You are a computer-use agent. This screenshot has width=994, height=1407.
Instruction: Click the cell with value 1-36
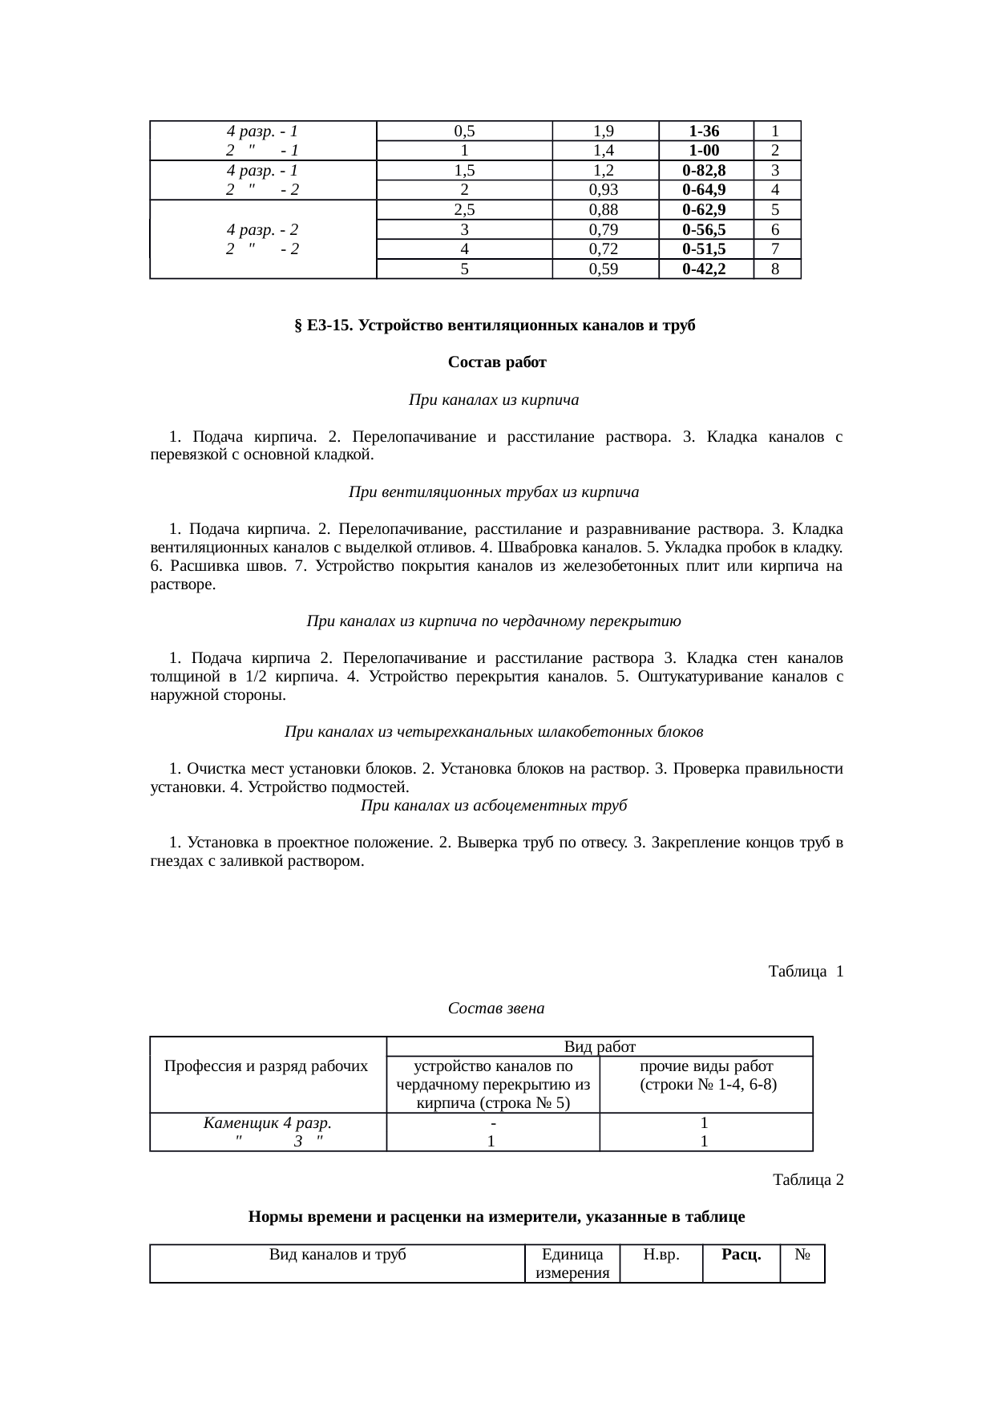tap(705, 131)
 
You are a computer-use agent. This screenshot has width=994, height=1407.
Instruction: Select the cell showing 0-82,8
tap(705, 171)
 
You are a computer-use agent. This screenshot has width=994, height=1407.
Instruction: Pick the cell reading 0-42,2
tap(705, 269)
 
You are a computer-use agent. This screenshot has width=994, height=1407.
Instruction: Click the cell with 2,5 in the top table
tap(464, 210)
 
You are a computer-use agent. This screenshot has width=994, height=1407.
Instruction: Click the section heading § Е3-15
tap(495, 325)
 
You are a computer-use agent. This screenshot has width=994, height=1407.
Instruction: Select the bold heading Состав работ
tap(497, 362)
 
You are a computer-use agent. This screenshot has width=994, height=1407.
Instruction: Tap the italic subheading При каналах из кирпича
tap(494, 399)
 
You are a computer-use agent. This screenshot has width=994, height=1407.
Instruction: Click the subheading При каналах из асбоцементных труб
tap(494, 806)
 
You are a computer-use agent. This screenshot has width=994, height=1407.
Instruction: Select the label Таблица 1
tap(805, 972)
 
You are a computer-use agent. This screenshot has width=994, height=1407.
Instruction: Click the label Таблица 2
tap(807, 1180)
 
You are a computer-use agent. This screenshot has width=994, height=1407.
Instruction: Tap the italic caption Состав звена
tap(496, 1009)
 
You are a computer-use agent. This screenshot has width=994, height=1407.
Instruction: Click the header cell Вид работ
tap(600, 1046)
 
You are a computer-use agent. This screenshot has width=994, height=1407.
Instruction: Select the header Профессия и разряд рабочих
tap(266, 1066)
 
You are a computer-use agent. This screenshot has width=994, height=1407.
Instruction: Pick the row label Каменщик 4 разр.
tap(268, 1123)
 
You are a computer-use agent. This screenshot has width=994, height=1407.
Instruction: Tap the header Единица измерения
tap(572, 1263)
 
